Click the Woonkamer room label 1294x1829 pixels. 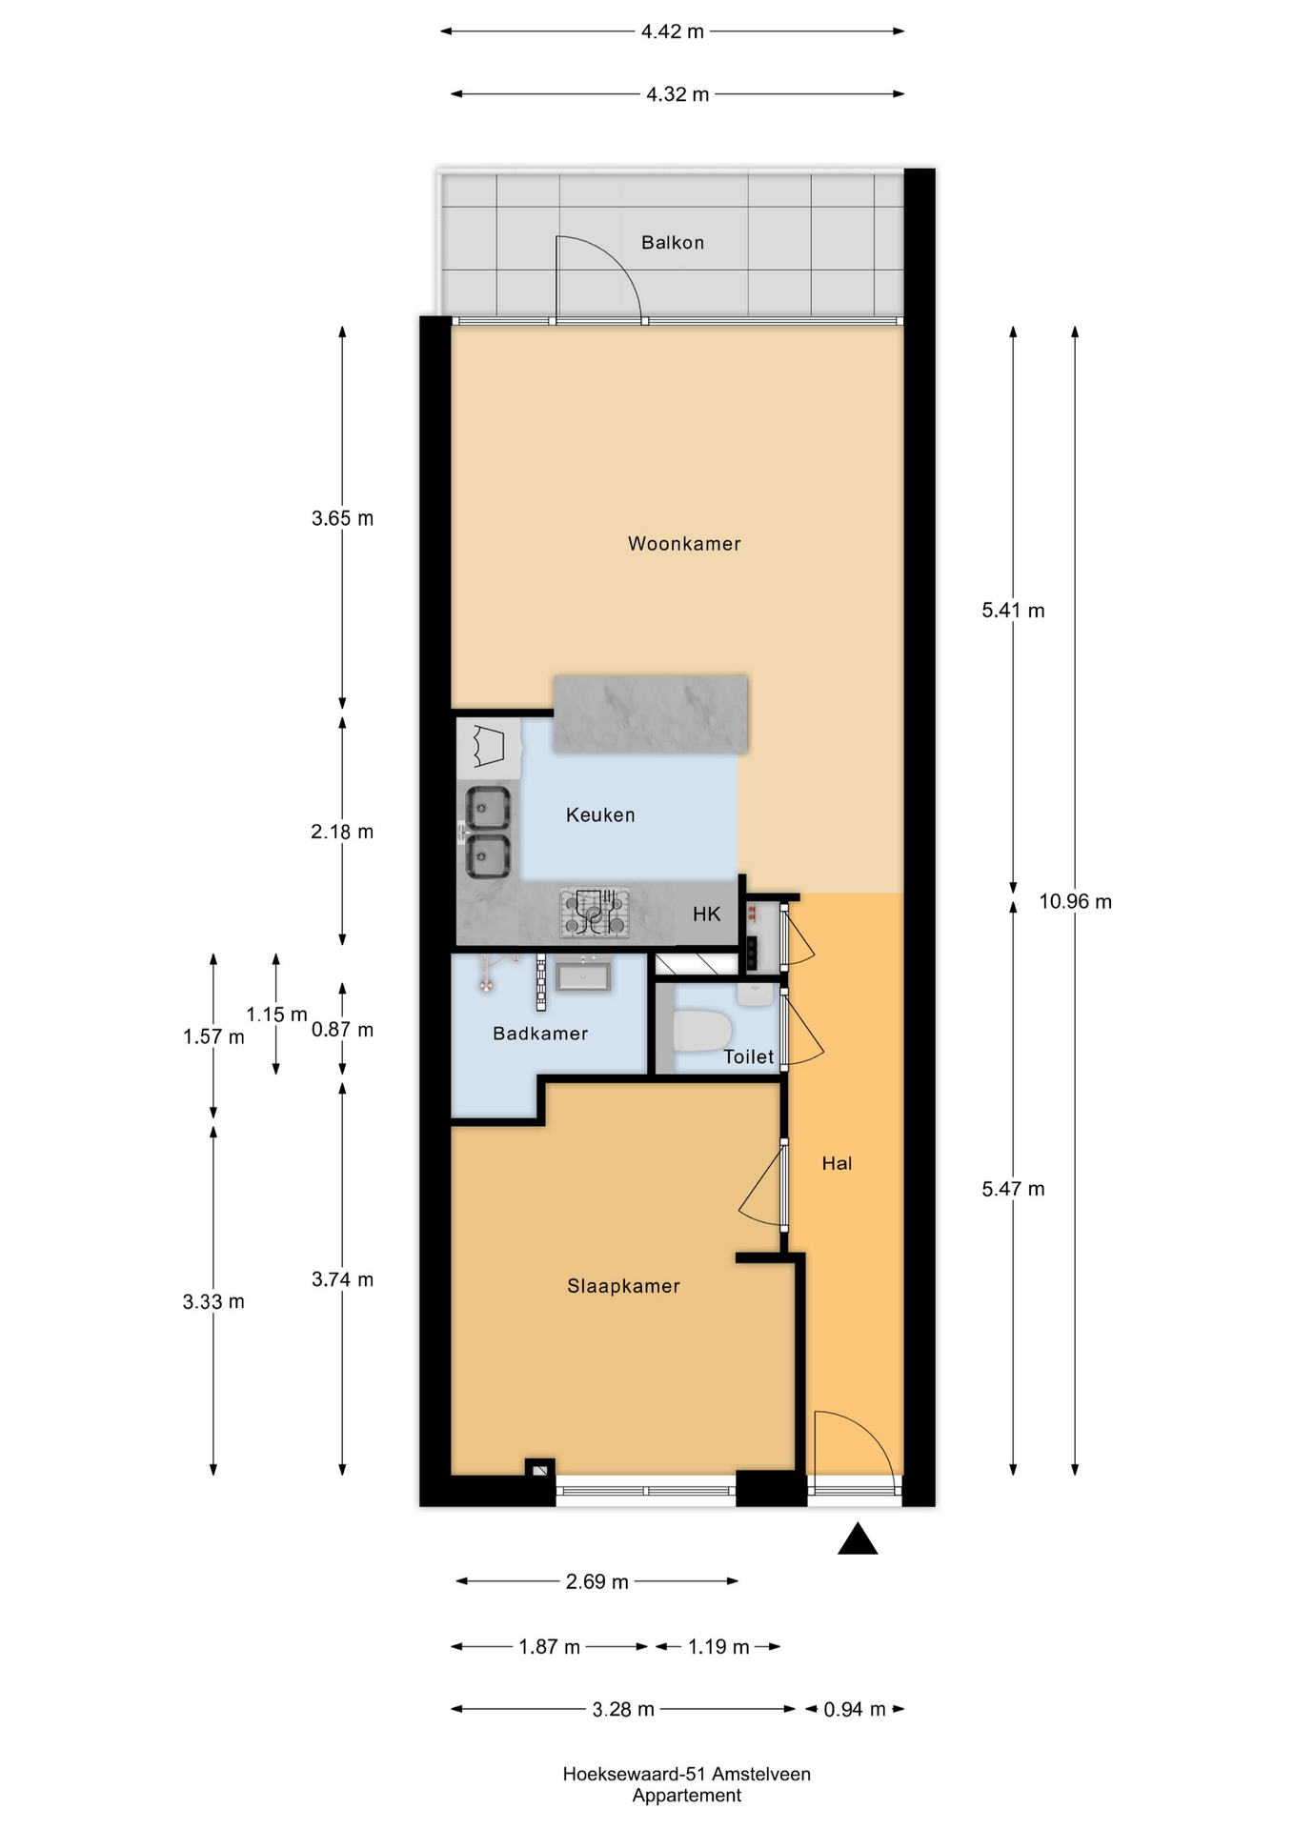coord(684,544)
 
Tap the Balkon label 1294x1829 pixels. coord(673,243)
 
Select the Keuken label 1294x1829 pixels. coord(600,814)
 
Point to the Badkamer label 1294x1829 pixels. coord(540,1034)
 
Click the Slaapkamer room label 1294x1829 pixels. coord(623,1286)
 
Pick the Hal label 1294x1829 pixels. coord(837,1163)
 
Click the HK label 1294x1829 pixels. coord(706,914)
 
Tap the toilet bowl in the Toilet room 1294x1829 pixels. coord(702,1031)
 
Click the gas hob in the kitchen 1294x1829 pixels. coord(595,912)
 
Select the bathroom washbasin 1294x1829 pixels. coord(583,975)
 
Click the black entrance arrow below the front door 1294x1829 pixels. coord(858,1539)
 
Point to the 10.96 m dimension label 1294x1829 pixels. coord(1075,901)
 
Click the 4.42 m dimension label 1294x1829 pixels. coord(672,31)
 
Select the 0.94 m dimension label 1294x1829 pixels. coord(855,1709)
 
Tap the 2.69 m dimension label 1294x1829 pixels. coord(597,1581)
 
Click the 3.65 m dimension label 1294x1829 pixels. coord(342,518)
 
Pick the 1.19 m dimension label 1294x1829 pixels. coord(718,1646)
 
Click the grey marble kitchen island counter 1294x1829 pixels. coord(651,714)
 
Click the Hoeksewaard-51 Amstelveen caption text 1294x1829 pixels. coord(686,1774)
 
